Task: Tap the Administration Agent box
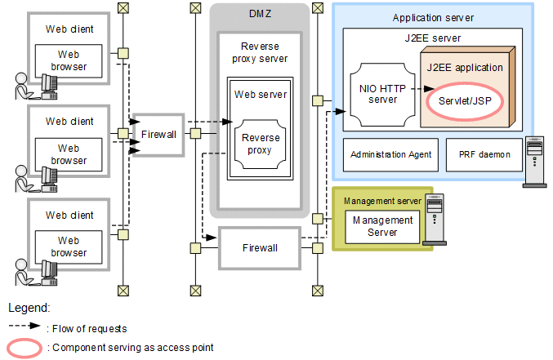pos(390,154)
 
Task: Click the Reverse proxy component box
pos(261,144)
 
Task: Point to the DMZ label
pos(260,15)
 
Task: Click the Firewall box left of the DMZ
pos(158,134)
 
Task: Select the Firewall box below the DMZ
pos(260,247)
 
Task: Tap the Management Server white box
pos(382,226)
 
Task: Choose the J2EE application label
pos(464,67)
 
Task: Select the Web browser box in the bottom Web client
pos(69,247)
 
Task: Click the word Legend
pos(29,309)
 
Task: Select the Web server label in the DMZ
pos(261,94)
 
